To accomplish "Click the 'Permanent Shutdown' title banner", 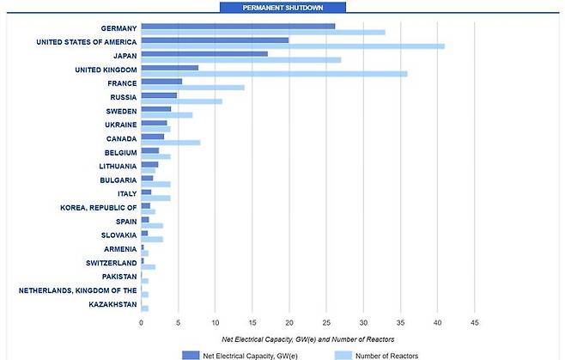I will click(282, 8).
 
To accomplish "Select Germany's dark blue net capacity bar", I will click(238, 26).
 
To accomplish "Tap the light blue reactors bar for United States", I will click(292, 46).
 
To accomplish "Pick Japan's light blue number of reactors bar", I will click(240, 60).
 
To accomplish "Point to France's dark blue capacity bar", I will click(161, 81).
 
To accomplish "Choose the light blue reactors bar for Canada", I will click(170, 143).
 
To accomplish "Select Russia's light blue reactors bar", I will click(181, 101).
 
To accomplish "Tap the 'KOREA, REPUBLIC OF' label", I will click(98, 207).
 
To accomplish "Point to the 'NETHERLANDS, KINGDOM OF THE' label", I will click(77, 290).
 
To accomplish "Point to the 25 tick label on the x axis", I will click(326, 322).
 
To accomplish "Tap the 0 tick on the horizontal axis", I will click(141, 322).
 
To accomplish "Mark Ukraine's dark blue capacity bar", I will click(154, 123).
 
